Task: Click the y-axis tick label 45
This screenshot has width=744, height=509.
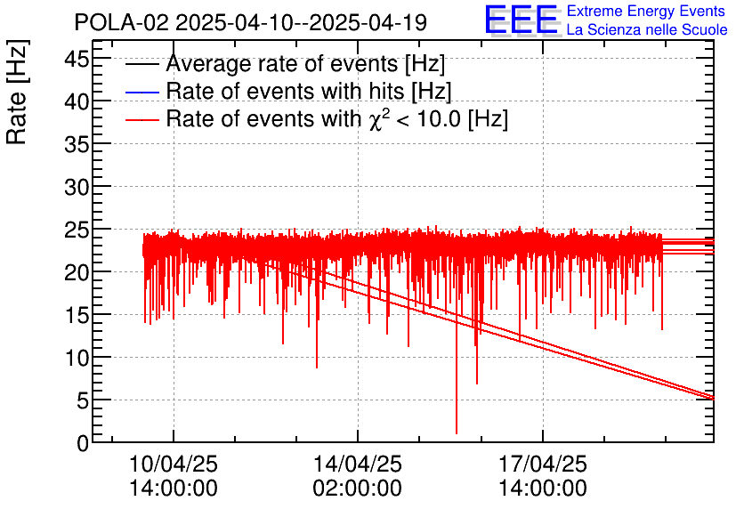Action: (x=75, y=60)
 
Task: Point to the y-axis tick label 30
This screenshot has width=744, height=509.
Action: (x=75, y=187)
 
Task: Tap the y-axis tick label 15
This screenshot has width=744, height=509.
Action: (x=75, y=315)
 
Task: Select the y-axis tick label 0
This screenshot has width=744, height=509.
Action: (x=82, y=442)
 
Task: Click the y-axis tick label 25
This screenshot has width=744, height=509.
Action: (x=75, y=230)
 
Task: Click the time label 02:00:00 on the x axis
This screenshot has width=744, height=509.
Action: (x=358, y=489)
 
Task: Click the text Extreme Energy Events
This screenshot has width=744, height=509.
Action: (x=647, y=12)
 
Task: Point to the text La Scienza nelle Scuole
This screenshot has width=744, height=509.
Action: (x=647, y=30)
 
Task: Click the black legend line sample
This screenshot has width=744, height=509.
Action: (x=143, y=66)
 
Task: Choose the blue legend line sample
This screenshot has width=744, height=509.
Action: (x=143, y=93)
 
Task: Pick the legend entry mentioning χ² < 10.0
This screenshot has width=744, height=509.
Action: (x=336, y=118)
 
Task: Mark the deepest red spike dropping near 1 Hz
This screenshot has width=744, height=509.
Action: (x=457, y=432)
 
